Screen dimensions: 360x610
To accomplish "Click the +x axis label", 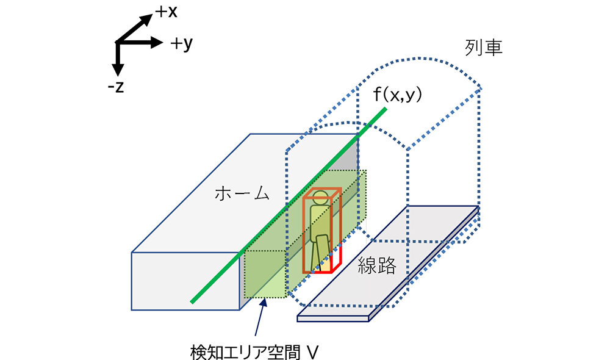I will [x=166, y=10].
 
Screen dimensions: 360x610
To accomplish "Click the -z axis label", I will [x=115, y=87].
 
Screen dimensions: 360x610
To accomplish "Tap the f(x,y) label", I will [x=399, y=95].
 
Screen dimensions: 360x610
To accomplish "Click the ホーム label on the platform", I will [x=242, y=194].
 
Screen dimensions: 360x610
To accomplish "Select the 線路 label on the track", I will [x=377, y=265].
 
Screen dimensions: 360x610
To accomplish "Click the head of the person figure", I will [x=319, y=197].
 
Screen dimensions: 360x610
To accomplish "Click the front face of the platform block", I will [x=183, y=280].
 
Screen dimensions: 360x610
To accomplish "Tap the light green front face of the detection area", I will [x=265, y=274].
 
